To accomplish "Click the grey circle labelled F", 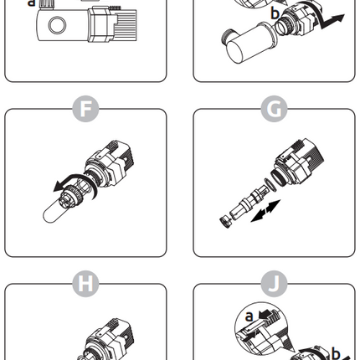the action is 85,109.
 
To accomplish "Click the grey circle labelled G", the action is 274,109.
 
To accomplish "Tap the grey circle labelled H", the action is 85,284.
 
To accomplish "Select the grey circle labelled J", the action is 274,284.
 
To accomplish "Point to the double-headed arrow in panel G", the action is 265,211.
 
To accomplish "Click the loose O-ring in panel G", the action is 270,185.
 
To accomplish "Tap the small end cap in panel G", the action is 225,222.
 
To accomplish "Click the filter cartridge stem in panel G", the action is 247,203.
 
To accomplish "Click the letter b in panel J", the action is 336,353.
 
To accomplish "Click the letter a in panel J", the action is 249,316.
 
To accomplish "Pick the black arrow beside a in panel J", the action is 266,314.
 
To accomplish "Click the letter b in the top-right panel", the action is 275,13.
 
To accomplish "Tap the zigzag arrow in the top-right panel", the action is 332,22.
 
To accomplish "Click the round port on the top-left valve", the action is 57,25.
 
